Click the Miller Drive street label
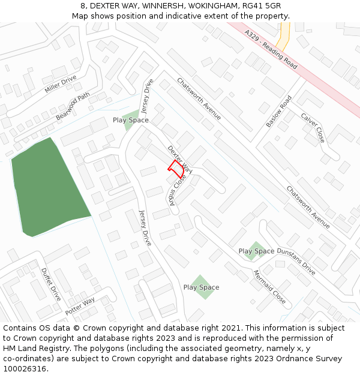pyautogui.click(x=61, y=83)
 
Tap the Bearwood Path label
pyautogui.click(x=73, y=106)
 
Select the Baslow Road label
pyautogui.click(x=278, y=112)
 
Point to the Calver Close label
pyautogui.click(x=313, y=128)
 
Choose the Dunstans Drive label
pyautogui.click(x=296, y=260)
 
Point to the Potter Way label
pyautogui.click(x=80, y=306)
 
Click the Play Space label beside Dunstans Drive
pyautogui.click(x=256, y=251)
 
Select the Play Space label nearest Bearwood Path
pyautogui.click(x=130, y=120)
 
